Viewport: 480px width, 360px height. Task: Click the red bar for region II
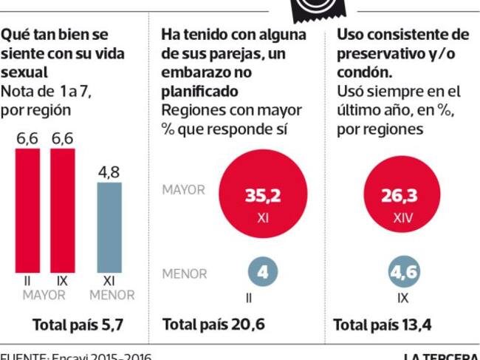coord(28,210)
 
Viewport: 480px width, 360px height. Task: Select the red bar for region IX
coord(62,210)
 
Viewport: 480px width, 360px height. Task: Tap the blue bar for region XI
coord(109,226)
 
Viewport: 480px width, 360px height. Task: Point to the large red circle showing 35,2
coord(263,198)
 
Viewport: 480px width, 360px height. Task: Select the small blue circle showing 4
coord(264,273)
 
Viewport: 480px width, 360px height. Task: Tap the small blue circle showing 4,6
coord(403,273)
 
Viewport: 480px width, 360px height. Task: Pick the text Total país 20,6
coord(213,325)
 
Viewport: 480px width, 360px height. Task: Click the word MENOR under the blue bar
coord(112,295)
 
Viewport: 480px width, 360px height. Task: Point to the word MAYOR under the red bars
coord(44,295)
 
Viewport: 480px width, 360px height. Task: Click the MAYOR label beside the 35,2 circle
coord(183,190)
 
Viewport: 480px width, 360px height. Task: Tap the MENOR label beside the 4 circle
coord(184,274)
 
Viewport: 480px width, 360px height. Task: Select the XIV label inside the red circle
coord(402,220)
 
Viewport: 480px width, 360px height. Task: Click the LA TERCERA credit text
coord(442,356)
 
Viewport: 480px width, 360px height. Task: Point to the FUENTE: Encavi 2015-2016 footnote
coord(76,356)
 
